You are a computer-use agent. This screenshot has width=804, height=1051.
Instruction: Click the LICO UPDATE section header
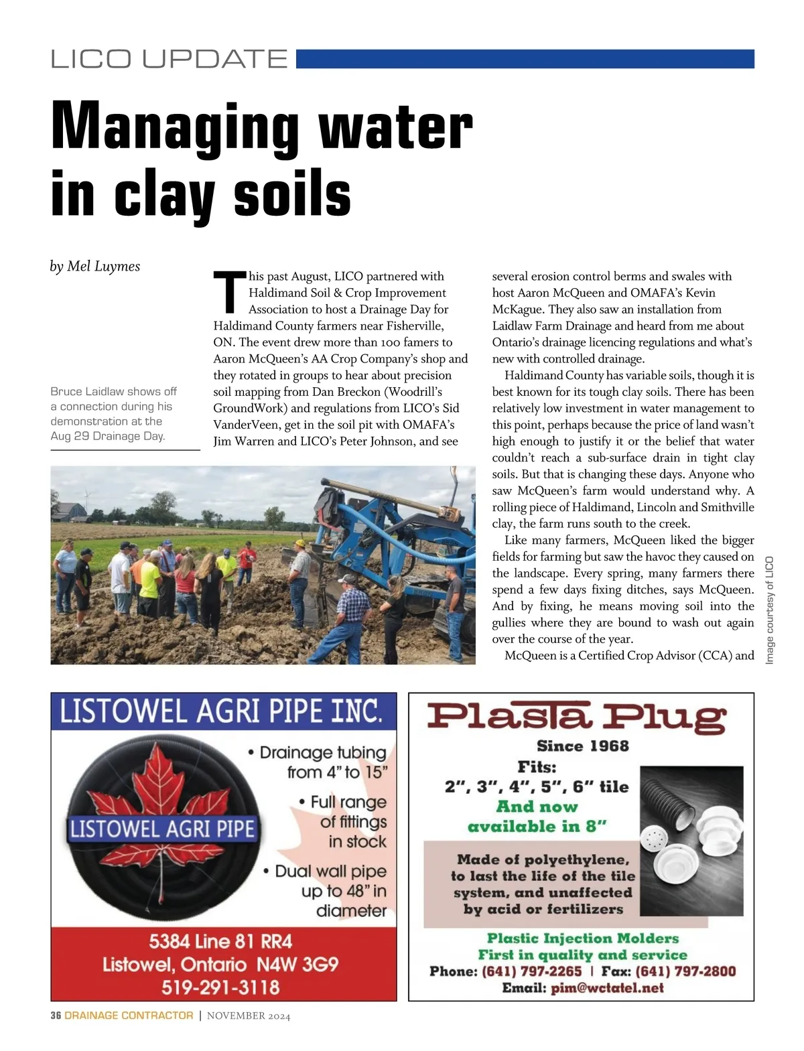coord(169,59)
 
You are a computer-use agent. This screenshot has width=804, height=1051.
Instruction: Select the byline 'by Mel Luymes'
coord(95,267)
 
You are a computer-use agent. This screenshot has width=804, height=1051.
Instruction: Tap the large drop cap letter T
coord(229,292)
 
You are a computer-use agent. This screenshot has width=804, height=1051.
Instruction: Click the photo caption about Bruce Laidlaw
coord(114,413)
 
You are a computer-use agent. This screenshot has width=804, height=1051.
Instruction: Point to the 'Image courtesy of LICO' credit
coord(769,610)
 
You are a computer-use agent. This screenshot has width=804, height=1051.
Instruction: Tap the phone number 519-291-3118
coord(220,987)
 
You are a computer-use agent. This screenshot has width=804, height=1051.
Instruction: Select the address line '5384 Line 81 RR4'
coord(220,942)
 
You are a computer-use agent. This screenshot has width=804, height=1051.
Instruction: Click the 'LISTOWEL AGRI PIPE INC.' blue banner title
coord(221,711)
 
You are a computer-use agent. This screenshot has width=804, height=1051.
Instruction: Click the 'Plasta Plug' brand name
coord(576,717)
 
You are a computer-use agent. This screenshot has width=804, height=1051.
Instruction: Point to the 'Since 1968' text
coord(582,746)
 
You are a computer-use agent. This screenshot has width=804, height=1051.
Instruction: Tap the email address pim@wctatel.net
coord(607,988)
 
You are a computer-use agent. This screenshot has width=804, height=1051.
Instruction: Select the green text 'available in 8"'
coord(537,827)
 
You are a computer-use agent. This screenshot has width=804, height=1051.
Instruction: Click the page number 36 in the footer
coord(56,1015)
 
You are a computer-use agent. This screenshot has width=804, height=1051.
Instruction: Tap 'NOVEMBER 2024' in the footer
coord(249,1016)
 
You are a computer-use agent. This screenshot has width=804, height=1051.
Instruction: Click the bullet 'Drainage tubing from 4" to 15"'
coord(322,762)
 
